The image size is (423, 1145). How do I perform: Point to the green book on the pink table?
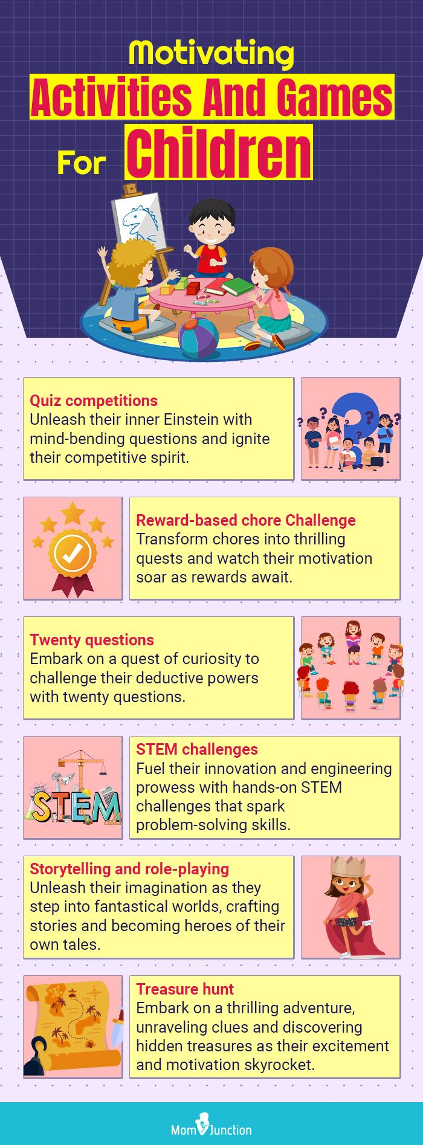[x=237, y=285]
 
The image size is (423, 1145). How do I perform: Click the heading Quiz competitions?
[x=94, y=401]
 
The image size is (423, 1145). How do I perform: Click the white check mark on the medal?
[x=73, y=550]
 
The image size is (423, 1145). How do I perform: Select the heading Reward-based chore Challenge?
[x=245, y=520]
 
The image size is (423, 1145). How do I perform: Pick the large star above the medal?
[x=73, y=512]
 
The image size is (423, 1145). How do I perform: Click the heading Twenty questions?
[x=92, y=640]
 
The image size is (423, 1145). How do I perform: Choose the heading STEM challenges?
[x=197, y=749]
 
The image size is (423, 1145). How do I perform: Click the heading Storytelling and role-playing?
[x=129, y=869]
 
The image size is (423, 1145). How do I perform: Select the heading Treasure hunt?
[x=185, y=989]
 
